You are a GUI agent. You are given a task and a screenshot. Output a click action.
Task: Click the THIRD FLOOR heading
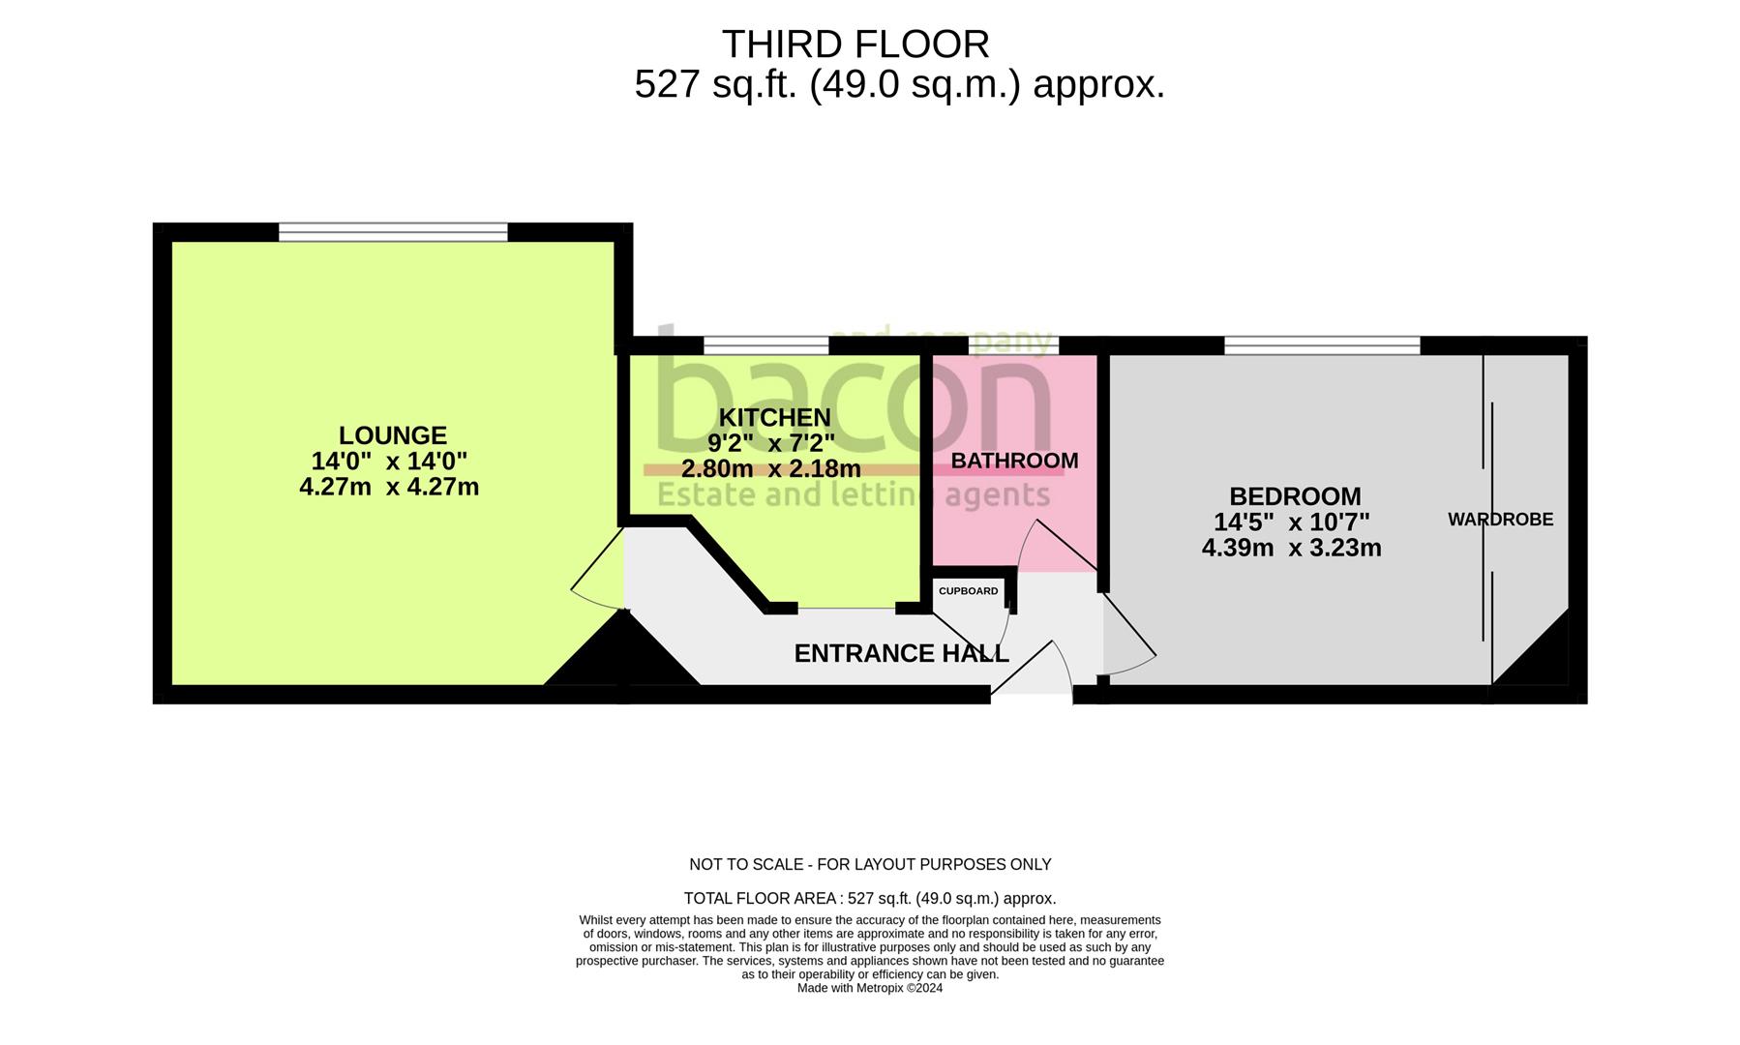[855, 45]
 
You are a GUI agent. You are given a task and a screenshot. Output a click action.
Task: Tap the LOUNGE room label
[392, 435]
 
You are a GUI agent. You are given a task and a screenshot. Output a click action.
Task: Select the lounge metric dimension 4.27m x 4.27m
[389, 487]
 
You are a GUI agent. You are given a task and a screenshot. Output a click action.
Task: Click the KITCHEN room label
[774, 417]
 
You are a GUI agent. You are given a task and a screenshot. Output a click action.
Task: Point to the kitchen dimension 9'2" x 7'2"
[770, 443]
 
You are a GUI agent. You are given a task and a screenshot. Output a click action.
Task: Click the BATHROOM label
[1014, 461]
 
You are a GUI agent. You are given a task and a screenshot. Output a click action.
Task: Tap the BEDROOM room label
[1295, 496]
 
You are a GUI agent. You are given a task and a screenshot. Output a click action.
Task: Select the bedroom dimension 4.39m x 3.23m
[1291, 549]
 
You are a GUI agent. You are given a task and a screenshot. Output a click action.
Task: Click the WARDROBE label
[1500, 520]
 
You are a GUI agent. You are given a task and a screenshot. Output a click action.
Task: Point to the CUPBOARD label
[968, 591]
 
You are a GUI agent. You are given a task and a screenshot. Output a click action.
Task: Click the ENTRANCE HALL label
[901, 654]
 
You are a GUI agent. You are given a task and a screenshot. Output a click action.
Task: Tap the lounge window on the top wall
[393, 232]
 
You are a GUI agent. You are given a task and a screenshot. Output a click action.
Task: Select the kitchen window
[765, 345]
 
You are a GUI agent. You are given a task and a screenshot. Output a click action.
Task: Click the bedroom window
[1322, 345]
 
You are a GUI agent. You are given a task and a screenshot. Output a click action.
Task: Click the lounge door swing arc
[592, 571]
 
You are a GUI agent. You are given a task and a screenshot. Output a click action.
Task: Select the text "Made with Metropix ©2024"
[869, 988]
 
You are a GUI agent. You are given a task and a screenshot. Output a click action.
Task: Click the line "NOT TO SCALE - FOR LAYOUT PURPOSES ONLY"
[869, 864]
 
